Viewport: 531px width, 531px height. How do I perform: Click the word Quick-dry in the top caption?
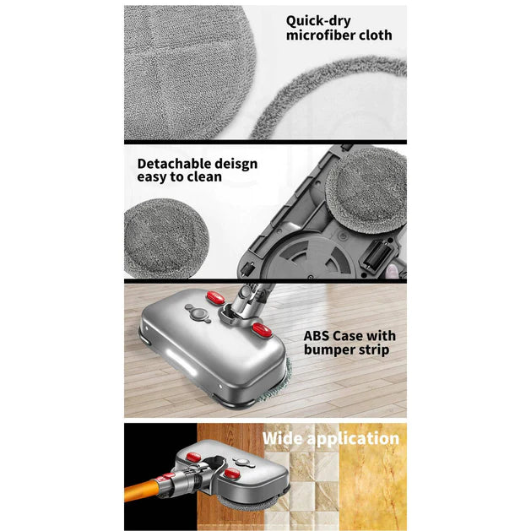pos(318,20)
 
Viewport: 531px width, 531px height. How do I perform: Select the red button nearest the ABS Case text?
pos(259,328)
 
